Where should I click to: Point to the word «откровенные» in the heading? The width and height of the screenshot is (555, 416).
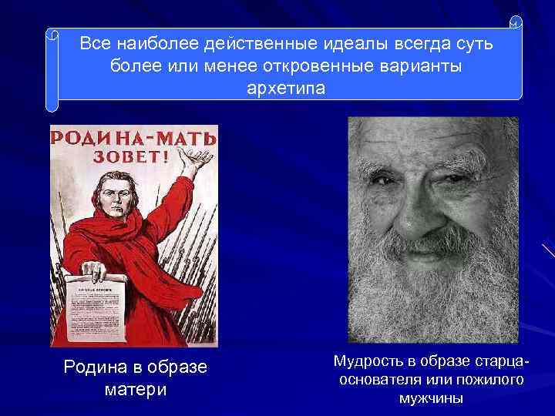pos(320,65)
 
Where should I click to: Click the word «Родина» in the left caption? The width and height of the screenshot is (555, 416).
pos(92,367)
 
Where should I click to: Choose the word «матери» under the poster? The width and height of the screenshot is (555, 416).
pos(135,389)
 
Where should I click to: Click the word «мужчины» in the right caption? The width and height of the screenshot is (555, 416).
pos(432,398)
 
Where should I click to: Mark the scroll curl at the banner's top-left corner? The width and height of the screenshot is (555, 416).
pos(52,35)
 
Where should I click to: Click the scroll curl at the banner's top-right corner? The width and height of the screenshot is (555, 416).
pos(516,22)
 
